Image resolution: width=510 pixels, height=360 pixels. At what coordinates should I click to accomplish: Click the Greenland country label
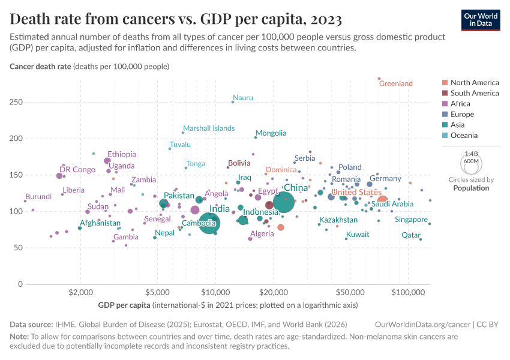(x=396, y=84)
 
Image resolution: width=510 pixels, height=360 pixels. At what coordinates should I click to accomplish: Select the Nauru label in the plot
(x=243, y=98)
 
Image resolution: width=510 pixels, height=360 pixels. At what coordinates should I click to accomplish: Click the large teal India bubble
(x=209, y=223)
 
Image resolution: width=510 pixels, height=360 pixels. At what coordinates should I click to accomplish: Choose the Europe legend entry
(x=462, y=115)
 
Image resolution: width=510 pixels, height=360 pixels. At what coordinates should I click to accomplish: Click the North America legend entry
(x=474, y=83)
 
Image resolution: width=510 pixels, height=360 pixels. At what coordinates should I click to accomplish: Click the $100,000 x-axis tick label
(x=409, y=293)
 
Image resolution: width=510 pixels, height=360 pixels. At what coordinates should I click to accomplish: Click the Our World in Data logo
(x=480, y=19)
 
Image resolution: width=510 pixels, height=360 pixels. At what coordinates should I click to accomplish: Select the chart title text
(x=176, y=19)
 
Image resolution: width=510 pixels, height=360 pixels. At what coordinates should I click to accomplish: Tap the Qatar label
(x=411, y=235)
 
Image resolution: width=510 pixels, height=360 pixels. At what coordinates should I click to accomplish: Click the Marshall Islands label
(x=209, y=128)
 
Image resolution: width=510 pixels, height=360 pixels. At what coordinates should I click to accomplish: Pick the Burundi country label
(x=38, y=196)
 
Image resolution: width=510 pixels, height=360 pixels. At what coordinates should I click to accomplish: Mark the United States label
(x=356, y=192)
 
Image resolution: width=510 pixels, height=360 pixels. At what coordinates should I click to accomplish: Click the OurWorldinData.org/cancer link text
(x=422, y=324)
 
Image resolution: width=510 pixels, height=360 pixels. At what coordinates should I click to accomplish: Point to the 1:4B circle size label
(x=471, y=154)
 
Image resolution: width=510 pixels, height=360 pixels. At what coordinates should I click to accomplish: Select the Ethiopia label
(x=122, y=154)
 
